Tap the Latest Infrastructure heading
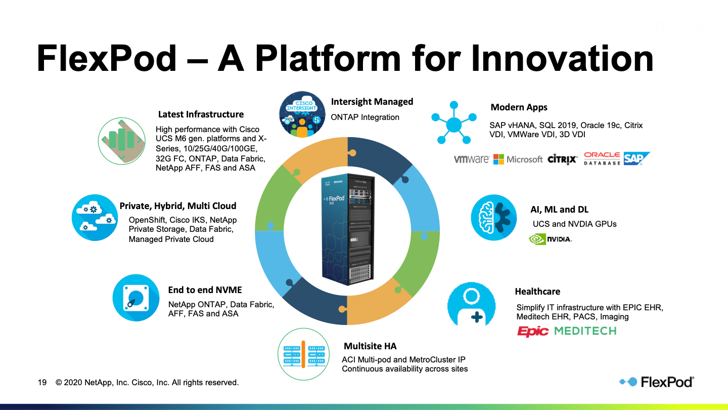201,114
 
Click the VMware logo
471,159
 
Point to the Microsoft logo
518,159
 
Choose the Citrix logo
562,159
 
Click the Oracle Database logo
602,158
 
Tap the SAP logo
636,158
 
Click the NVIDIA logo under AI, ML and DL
550,239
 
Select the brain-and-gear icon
494,218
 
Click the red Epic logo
533,332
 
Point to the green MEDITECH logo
585,331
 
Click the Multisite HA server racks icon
302,353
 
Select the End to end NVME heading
205,290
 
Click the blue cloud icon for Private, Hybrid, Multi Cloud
95,218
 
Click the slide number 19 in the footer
42,383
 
